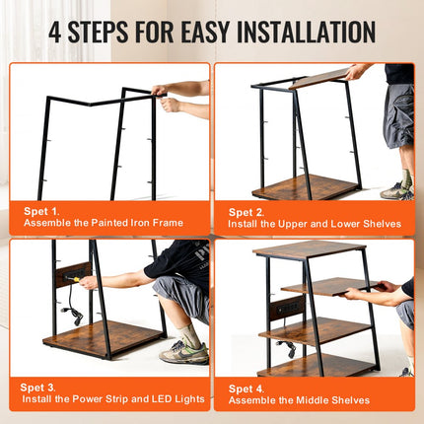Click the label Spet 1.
tap(41, 210)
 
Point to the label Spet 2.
tap(247, 211)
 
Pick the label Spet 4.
tap(247, 387)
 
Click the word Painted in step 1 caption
tap(101, 224)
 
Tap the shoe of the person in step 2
tap(395, 191)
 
